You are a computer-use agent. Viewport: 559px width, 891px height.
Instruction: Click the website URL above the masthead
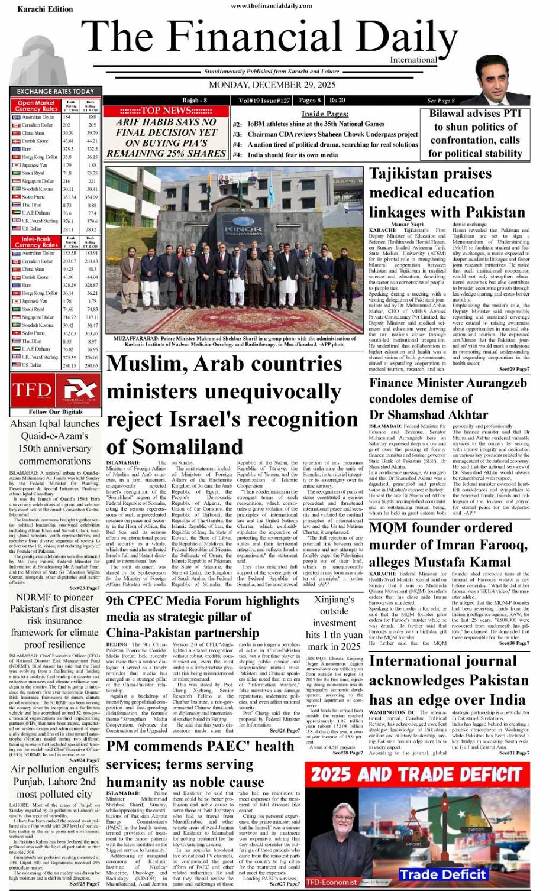pos(272,5)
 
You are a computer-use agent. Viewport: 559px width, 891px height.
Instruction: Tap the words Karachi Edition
pos(45,9)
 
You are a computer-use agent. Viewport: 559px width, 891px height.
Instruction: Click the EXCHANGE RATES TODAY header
pos(55,92)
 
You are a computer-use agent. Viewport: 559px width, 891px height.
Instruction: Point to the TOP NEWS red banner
pos(166,111)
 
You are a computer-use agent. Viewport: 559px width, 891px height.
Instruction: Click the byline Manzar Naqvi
pos(407,225)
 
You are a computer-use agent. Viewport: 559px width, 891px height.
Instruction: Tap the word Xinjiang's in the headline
pos(334,599)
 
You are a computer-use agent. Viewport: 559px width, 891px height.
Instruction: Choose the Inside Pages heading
pos(325,114)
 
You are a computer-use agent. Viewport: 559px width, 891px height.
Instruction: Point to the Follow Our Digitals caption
pos(56,412)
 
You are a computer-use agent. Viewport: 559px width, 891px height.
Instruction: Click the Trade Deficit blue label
pos(442,874)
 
